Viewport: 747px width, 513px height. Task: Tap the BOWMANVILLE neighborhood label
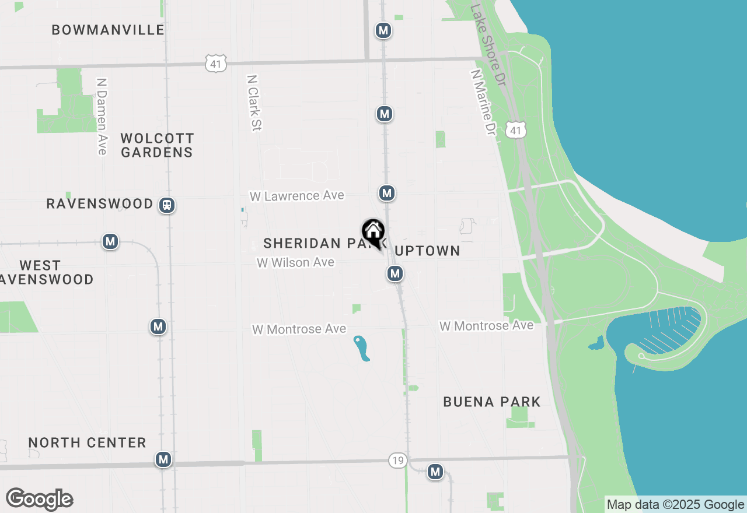coord(108,30)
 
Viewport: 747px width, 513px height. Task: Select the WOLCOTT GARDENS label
coord(156,145)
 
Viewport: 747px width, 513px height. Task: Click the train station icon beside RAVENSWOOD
coord(167,205)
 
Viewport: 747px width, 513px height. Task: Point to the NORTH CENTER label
coord(88,442)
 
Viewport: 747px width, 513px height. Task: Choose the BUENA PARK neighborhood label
coord(491,402)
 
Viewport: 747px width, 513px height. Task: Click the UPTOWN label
coord(428,251)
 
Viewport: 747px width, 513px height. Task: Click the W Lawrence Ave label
coord(297,196)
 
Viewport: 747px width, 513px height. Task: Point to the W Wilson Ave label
coord(295,262)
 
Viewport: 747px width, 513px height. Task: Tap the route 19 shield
coord(397,461)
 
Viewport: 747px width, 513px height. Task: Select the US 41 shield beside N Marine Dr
coord(515,131)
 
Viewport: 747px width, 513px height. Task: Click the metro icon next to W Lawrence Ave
coord(386,192)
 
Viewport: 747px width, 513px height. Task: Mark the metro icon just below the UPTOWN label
coord(395,273)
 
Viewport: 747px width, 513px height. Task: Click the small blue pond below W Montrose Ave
coord(361,348)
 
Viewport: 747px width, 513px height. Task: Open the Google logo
coord(40,499)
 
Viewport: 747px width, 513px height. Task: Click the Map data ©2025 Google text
coord(675,505)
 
